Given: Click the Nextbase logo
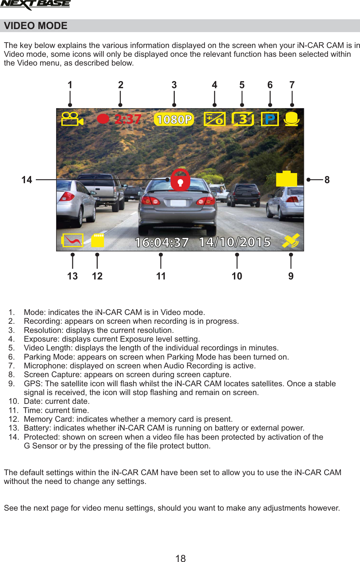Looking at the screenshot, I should point(35,4).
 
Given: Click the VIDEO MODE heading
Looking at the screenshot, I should point(35,26).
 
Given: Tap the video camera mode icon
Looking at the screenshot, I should point(72,119).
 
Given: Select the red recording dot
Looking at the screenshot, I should point(103,119).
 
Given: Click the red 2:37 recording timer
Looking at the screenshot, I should point(128,119).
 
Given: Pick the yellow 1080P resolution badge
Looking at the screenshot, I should point(174,119).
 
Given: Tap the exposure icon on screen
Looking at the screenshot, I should point(214,119).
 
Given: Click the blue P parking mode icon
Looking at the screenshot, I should point(270,119).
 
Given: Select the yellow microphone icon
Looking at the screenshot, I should point(291,119).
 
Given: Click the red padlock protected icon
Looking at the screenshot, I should point(181,180).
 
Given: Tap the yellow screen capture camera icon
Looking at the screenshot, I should point(286,179).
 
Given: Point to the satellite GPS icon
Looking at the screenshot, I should point(291,241).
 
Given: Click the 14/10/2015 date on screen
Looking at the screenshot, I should point(235,242).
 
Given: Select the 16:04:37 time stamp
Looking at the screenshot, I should point(162,242).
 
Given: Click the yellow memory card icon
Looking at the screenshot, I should point(98,240).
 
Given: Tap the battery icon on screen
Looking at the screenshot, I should point(72,240).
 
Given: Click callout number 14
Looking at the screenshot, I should point(27,180).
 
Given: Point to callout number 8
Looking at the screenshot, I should point(327,180).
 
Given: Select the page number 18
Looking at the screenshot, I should point(181,558).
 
